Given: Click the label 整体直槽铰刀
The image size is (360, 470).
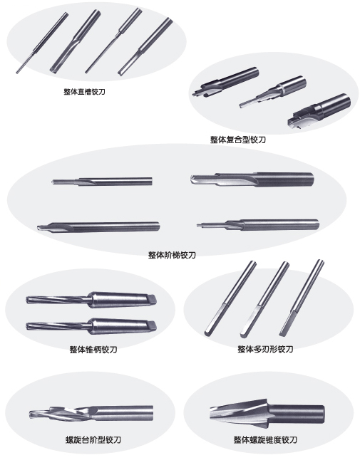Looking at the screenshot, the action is coord(84,92).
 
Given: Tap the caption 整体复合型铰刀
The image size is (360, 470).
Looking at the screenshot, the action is coord(238,140).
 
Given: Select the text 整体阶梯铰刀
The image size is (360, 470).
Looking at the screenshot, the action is coord(172,255).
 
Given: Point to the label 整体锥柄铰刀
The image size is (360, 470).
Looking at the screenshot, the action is coord(93,350).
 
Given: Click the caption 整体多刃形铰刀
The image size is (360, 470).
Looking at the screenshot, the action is coord(265,349).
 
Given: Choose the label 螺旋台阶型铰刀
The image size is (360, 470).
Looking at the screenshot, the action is coord(93,439).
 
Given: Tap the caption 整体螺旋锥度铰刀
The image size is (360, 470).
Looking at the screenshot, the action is coord(265,439).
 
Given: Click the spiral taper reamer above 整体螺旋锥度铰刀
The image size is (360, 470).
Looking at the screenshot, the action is coord(267,414).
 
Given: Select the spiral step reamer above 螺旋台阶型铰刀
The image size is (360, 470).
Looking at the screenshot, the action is coord(91,413).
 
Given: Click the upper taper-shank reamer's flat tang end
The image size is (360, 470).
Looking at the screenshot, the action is coord(152,299).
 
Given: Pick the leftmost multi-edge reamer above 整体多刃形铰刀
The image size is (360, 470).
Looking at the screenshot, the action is coord(230,298).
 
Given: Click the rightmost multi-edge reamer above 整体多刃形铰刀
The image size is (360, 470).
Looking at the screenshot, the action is coord(302,298).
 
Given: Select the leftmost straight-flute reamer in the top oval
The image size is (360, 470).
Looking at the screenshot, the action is coord(42,43).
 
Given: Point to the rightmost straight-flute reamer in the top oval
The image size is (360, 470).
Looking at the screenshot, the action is coord(145,47).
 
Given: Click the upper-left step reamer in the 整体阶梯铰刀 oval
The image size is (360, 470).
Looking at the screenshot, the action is coord(102,182).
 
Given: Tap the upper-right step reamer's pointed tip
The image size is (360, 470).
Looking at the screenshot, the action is coord(191,179).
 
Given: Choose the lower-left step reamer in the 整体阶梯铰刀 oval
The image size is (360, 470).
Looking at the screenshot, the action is coord(98,226).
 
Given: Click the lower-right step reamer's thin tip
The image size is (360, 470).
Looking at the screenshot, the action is coord(198,225).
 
